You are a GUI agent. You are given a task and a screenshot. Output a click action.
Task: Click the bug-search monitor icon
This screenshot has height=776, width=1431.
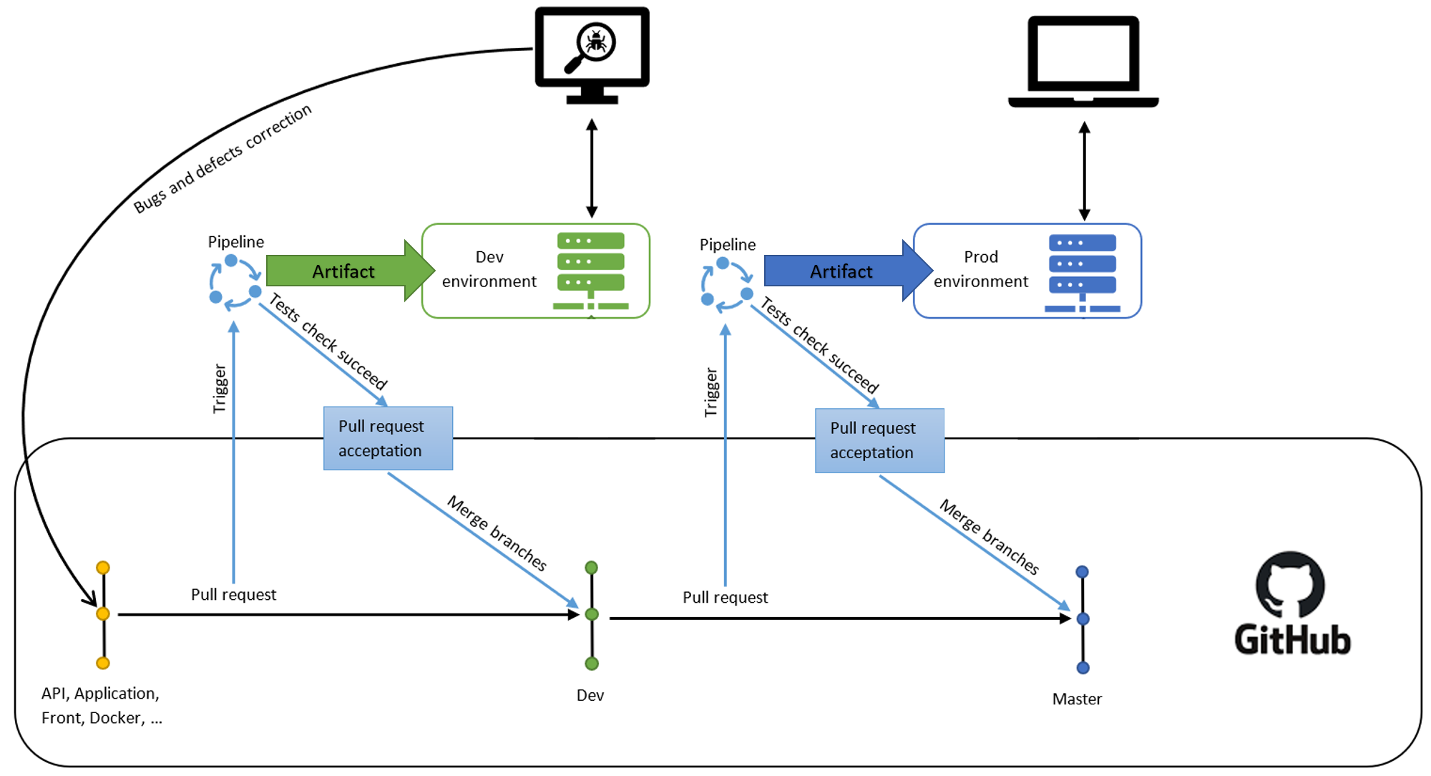pos(592,54)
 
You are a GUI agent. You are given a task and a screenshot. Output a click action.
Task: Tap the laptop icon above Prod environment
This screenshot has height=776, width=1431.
pos(1083,62)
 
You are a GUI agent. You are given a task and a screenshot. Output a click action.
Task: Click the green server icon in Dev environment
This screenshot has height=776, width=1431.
pos(591,271)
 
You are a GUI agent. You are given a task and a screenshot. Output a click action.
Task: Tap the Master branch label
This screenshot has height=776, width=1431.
pos(1077,699)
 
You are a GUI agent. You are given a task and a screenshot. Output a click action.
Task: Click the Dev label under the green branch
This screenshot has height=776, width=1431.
pos(590,695)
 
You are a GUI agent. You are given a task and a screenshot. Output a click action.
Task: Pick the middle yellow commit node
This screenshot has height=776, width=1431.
pos(103,614)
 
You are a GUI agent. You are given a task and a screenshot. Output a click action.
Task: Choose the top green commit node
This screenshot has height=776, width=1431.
pos(592,568)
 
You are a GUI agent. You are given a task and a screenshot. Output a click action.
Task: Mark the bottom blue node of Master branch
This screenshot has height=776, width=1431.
pos(1083,668)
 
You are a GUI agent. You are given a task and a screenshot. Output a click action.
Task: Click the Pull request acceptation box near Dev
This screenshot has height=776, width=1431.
pos(388,438)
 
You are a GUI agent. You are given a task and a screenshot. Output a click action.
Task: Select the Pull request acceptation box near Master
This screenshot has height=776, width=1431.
pos(879,440)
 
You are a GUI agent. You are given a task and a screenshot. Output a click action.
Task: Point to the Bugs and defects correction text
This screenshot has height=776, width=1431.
pos(223,158)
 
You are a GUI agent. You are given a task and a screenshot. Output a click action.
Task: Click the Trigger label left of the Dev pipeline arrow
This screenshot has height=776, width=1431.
pos(219,389)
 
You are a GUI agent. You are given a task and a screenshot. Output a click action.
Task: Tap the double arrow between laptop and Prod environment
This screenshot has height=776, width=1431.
pos(1085,171)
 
